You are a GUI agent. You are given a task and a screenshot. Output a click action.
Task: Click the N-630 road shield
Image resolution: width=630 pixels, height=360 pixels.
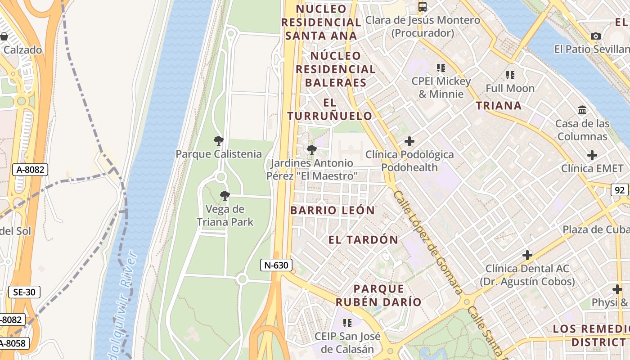coord(276,265)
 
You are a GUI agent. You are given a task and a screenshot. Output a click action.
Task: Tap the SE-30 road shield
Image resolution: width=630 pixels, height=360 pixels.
coord(24,292)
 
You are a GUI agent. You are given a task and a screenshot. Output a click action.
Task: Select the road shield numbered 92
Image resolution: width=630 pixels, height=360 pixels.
coord(620,190)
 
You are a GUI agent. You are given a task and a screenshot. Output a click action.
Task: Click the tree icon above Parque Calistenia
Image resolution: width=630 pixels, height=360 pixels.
coord(219,141)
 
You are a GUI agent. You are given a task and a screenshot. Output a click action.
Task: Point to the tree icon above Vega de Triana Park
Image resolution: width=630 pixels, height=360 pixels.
coord(225,196)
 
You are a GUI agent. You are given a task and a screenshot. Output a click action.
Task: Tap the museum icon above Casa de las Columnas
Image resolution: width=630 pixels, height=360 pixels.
coord(582,110)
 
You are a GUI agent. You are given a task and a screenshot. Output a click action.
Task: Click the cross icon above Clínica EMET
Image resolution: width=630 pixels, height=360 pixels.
coord(592,156)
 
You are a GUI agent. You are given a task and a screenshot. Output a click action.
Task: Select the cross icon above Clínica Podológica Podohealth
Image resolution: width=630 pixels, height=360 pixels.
coord(409,141)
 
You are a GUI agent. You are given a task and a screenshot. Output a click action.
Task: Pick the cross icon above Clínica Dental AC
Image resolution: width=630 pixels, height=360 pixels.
coord(527,255)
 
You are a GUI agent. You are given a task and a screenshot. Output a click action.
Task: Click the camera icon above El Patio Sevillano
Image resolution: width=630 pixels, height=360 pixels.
coord(596,36)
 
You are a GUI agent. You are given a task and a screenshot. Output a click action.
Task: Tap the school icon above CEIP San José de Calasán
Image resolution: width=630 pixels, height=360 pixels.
coord(347,323)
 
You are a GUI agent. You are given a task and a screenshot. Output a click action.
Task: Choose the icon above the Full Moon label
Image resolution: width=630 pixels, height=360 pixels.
coord(510,75)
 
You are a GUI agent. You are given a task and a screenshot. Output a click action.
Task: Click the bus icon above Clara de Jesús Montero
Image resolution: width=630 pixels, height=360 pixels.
coord(422,6)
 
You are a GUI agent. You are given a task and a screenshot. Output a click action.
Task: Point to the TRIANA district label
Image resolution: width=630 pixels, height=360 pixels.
coord(499,106)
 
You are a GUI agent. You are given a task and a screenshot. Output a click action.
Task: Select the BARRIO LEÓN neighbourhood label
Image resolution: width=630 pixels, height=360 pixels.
coord(333,210)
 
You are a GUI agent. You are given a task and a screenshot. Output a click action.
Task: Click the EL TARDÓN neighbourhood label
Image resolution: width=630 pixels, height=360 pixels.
coord(363,240)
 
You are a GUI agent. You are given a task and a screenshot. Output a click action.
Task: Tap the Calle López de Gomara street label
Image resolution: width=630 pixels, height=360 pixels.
coord(427,243)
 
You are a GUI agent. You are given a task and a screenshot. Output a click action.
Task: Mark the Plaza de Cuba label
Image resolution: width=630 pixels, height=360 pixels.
coord(595,229)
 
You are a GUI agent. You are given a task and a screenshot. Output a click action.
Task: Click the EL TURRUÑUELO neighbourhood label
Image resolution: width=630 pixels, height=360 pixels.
coord(330,109)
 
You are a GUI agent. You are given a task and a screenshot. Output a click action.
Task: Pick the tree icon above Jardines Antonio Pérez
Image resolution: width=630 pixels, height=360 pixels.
coord(311,150)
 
